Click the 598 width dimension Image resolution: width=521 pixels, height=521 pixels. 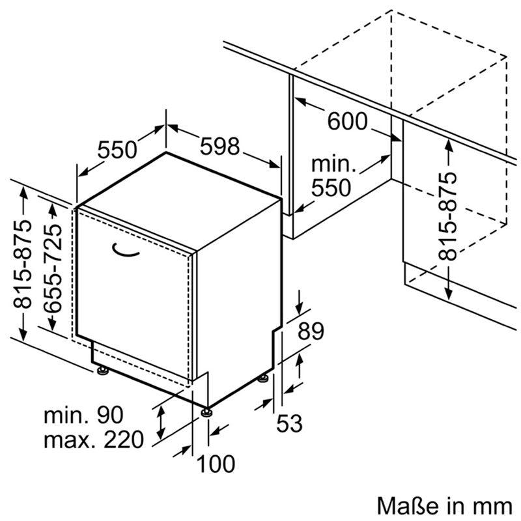pyautogui.click(x=220, y=147)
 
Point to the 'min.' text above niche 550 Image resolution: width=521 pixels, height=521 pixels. pyautogui.click(x=333, y=163)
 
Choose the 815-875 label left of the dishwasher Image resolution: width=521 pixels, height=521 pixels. pyautogui.click(x=22, y=264)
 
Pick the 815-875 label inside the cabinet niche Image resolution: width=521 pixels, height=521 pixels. pyautogui.click(x=448, y=216)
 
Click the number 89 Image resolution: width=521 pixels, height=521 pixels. pyautogui.click(x=310, y=332)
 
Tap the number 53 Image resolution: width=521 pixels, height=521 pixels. pyautogui.click(x=290, y=424)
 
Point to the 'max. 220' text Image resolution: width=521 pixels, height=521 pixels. pyautogui.click(x=93, y=440)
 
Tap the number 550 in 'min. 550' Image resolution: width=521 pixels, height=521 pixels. pyautogui.click(x=330, y=188)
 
